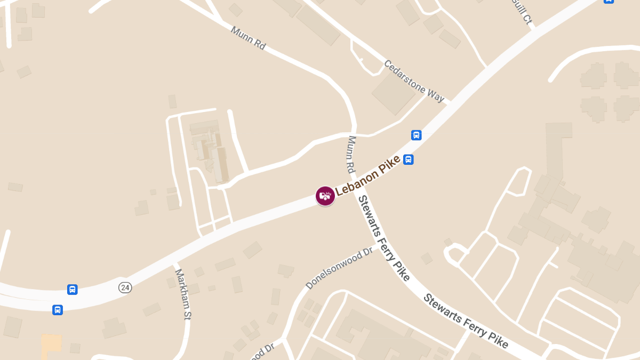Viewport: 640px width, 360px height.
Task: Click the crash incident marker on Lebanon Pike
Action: (x=325, y=196)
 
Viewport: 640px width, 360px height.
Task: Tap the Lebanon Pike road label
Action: (x=367, y=174)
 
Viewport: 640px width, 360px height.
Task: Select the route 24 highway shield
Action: (x=125, y=287)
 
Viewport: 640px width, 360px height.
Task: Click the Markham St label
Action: (x=183, y=294)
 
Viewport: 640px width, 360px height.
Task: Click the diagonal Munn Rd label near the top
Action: (x=248, y=38)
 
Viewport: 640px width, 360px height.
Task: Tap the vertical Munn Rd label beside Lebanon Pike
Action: (x=351, y=154)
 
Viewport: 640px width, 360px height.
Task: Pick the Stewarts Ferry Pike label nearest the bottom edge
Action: (x=466, y=321)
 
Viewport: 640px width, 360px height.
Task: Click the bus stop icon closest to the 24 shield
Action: (x=72, y=290)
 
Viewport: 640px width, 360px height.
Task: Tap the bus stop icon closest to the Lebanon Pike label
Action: (x=408, y=159)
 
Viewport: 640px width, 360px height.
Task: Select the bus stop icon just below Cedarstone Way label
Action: (x=417, y=135)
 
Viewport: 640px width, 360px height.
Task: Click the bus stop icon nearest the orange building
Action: (x=58, y=310)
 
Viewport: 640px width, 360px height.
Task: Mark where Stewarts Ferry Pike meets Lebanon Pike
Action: (x=356, y=184)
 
